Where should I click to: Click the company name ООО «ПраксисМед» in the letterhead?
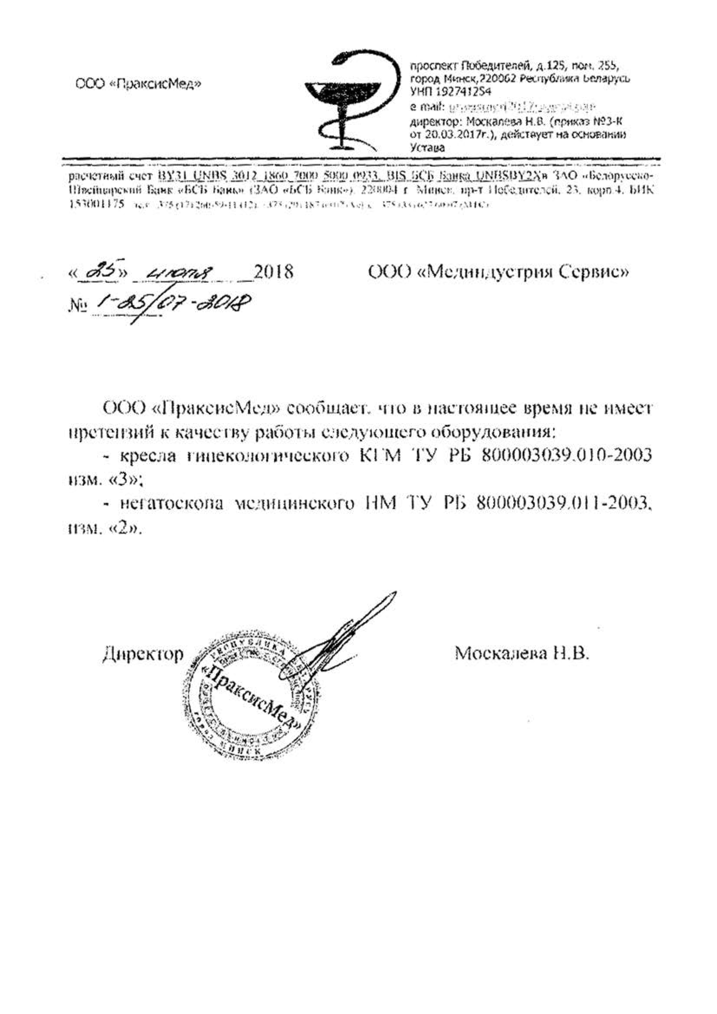click(138, 83)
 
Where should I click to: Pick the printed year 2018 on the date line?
click(273, 272)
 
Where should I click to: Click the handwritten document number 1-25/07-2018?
click(170, 305)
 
